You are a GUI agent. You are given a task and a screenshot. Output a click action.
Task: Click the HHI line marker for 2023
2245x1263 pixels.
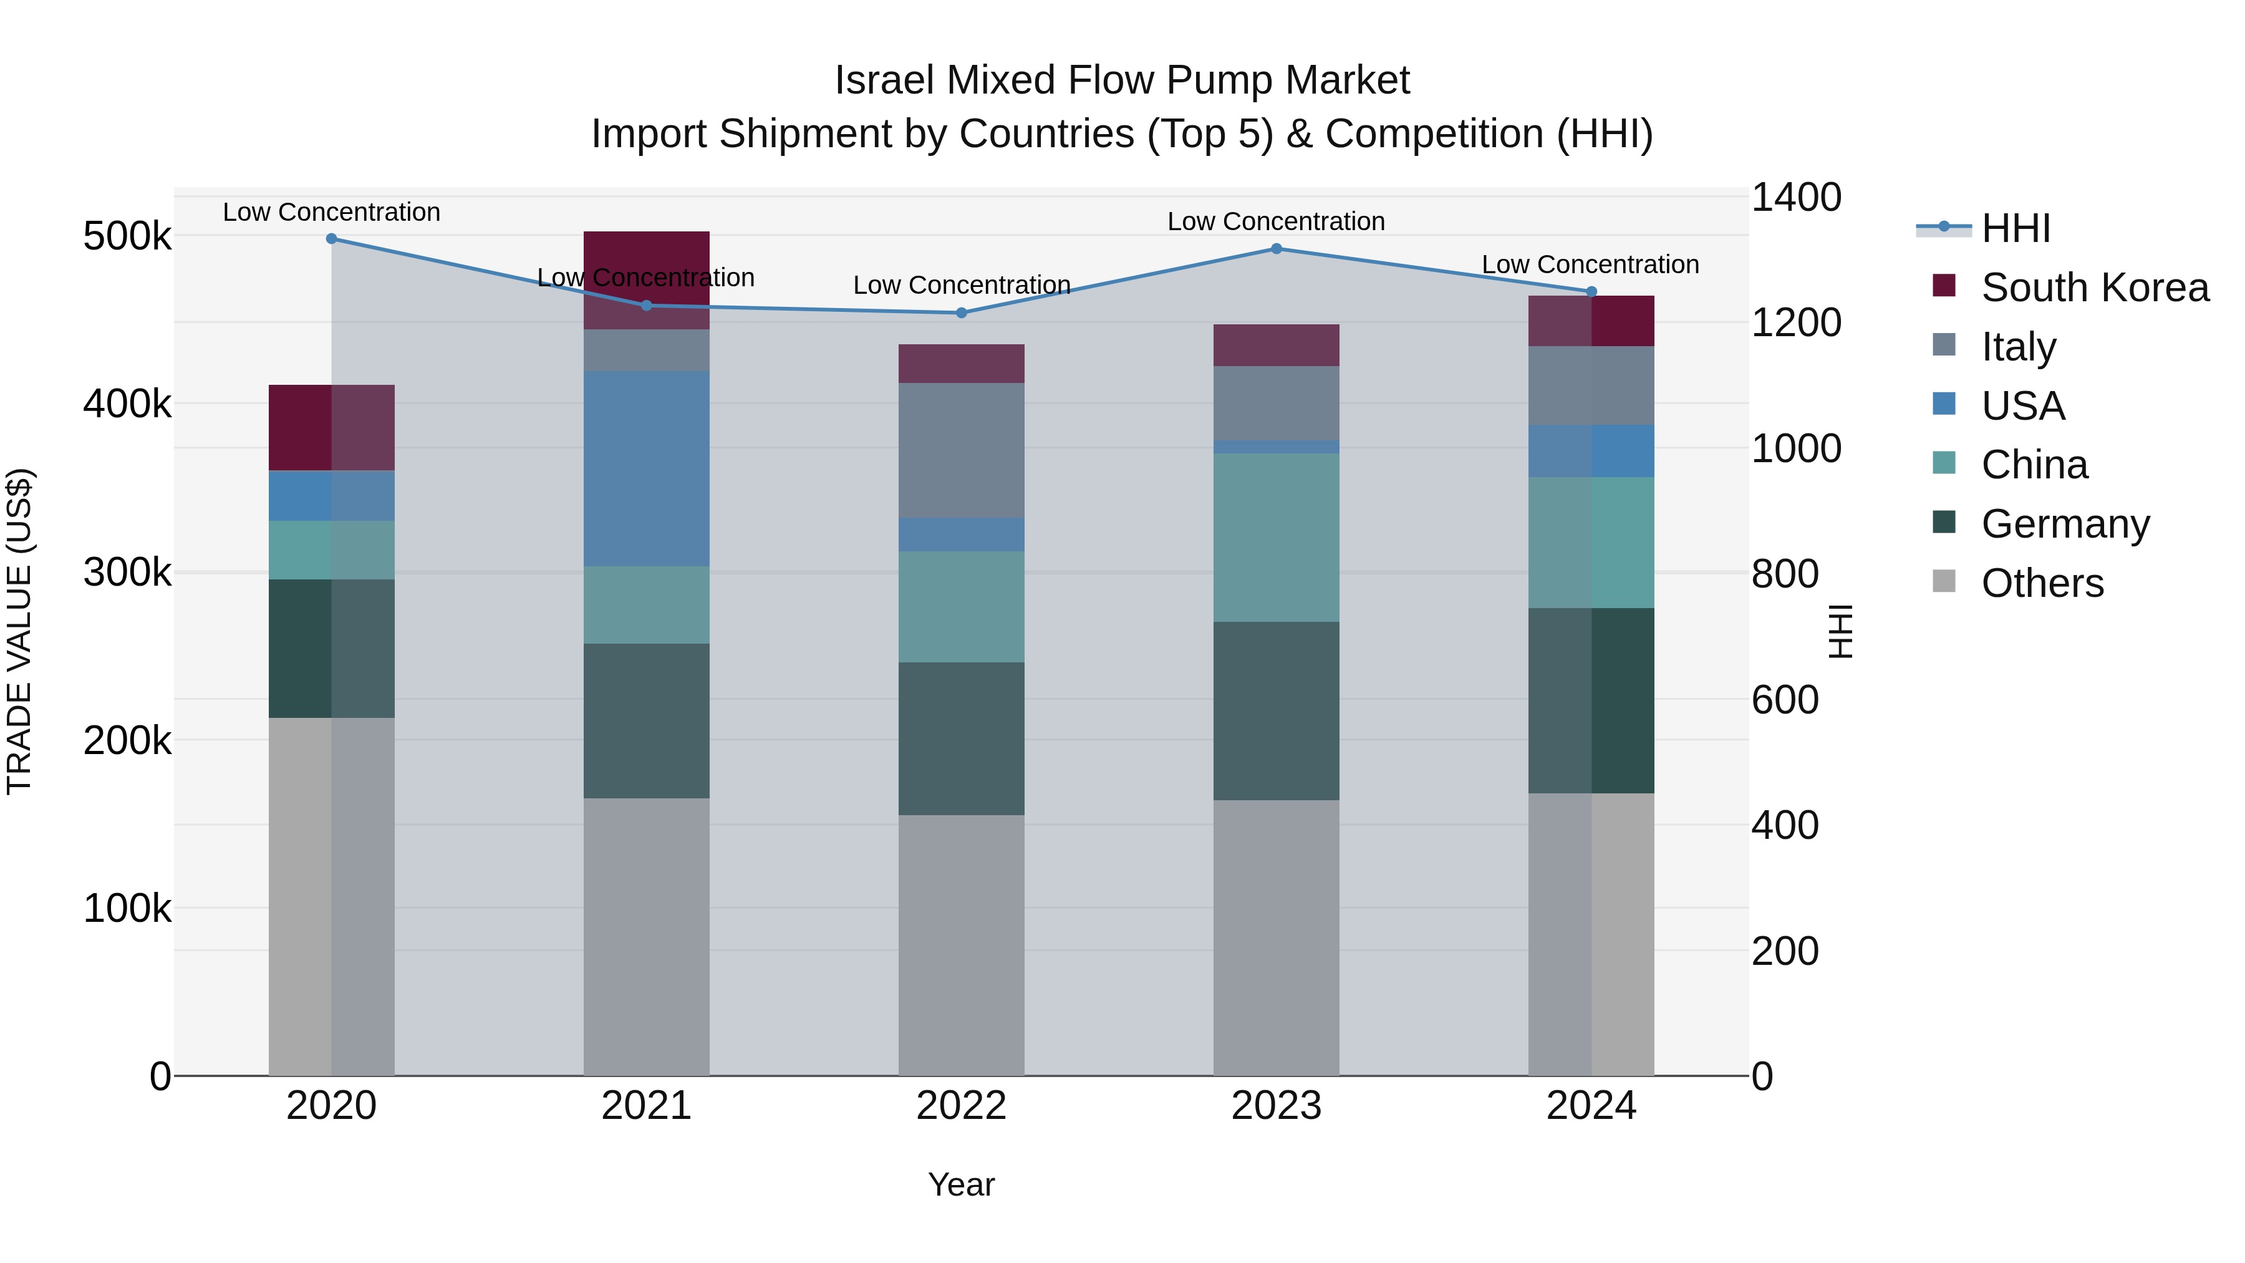coord(1276,248)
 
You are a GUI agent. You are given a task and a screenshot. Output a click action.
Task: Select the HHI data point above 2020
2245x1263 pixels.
coord(331,238)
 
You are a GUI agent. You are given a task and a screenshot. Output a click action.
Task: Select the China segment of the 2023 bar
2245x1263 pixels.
coord(1276,537)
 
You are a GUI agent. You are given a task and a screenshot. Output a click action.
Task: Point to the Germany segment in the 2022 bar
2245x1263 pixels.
coord(961,738)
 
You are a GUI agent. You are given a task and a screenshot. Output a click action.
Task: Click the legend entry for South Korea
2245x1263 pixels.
coord(2094,288)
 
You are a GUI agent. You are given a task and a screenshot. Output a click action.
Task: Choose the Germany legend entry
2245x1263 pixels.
coord(2065,524)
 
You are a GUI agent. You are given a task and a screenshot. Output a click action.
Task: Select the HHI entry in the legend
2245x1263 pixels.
coord(2015,228)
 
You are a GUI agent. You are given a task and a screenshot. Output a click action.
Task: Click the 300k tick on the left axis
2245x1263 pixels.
coord(127,573)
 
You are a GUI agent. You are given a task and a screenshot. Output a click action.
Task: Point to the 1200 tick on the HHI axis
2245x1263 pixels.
coord(1796,322)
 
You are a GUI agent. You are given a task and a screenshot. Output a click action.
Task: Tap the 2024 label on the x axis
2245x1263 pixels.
coord(1590,1106)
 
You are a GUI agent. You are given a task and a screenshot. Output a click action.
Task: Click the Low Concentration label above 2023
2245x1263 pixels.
coord(1276,221)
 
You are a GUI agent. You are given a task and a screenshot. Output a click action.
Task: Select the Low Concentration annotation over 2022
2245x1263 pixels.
coord(961,285)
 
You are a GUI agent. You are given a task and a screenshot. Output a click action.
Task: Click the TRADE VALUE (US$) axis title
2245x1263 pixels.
coord(19,631)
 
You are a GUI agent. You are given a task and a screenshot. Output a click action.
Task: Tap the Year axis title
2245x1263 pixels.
coord(961,1184)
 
